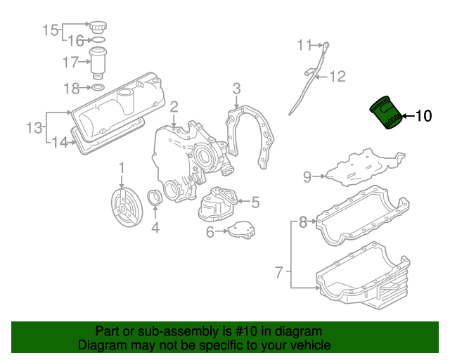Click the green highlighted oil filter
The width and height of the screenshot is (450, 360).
pyautogui.click(x=386, y=112)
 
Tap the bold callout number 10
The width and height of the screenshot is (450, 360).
pyautogui.click(x=423, y=116)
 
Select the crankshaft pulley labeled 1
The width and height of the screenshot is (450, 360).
pyautogui.click(x=127, y=207)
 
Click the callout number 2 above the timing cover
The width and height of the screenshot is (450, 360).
pyautogui.click(x=174, y=107)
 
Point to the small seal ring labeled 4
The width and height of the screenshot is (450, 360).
pyautogui.click(x=155, y=198)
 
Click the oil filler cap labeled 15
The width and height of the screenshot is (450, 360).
pyautogui.click(x=98, y=27)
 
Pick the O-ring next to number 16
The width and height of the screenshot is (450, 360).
pyautogui.click(x=98, y=39)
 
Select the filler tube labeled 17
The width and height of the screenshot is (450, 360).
pyautogui.click(x=98, y=63)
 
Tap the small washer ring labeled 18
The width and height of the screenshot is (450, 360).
pyautogui.click(x=98, y=87)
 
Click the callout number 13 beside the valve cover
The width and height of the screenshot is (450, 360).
pyautogui.click(x=34, y=127)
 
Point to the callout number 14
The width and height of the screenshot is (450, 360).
pyautogui.click(x=59, y=142)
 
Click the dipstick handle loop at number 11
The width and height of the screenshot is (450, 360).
pyautogui.click(x=326, y=46)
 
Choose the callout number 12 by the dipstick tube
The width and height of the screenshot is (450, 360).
pyautogui.click(x=337, y=77)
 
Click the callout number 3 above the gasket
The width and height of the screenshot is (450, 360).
pyautogui.click(x=236, y=89)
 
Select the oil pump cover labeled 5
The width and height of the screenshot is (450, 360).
pyautogui.click(x=218, y=204)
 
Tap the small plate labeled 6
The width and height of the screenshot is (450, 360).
pyautogui.click(x=242, y=230)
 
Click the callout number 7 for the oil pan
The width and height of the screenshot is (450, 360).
pyautogui.click(x=279, y=272)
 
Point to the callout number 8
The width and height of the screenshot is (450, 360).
pyautogui.click(x=303, y=222)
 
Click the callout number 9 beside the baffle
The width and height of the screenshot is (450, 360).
pyautogui.click(x=307, y=177)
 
